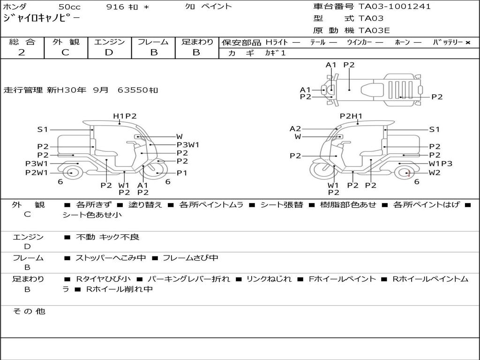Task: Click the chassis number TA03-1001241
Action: [x=395, y=7]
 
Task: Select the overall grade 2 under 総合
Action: [x=22, y=52]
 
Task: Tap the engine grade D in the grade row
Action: [x=109, y=52]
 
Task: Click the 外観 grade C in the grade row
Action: [x=65, y=52]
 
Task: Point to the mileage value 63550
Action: [x=133, y=90]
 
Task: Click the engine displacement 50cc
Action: [x=69, y=7]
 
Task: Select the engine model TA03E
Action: [x=374, y=30]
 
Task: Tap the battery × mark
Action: [x=468, y=43]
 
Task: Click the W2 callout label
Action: [x=435, y=172]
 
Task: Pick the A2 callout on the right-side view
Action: [x=295, y=128]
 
